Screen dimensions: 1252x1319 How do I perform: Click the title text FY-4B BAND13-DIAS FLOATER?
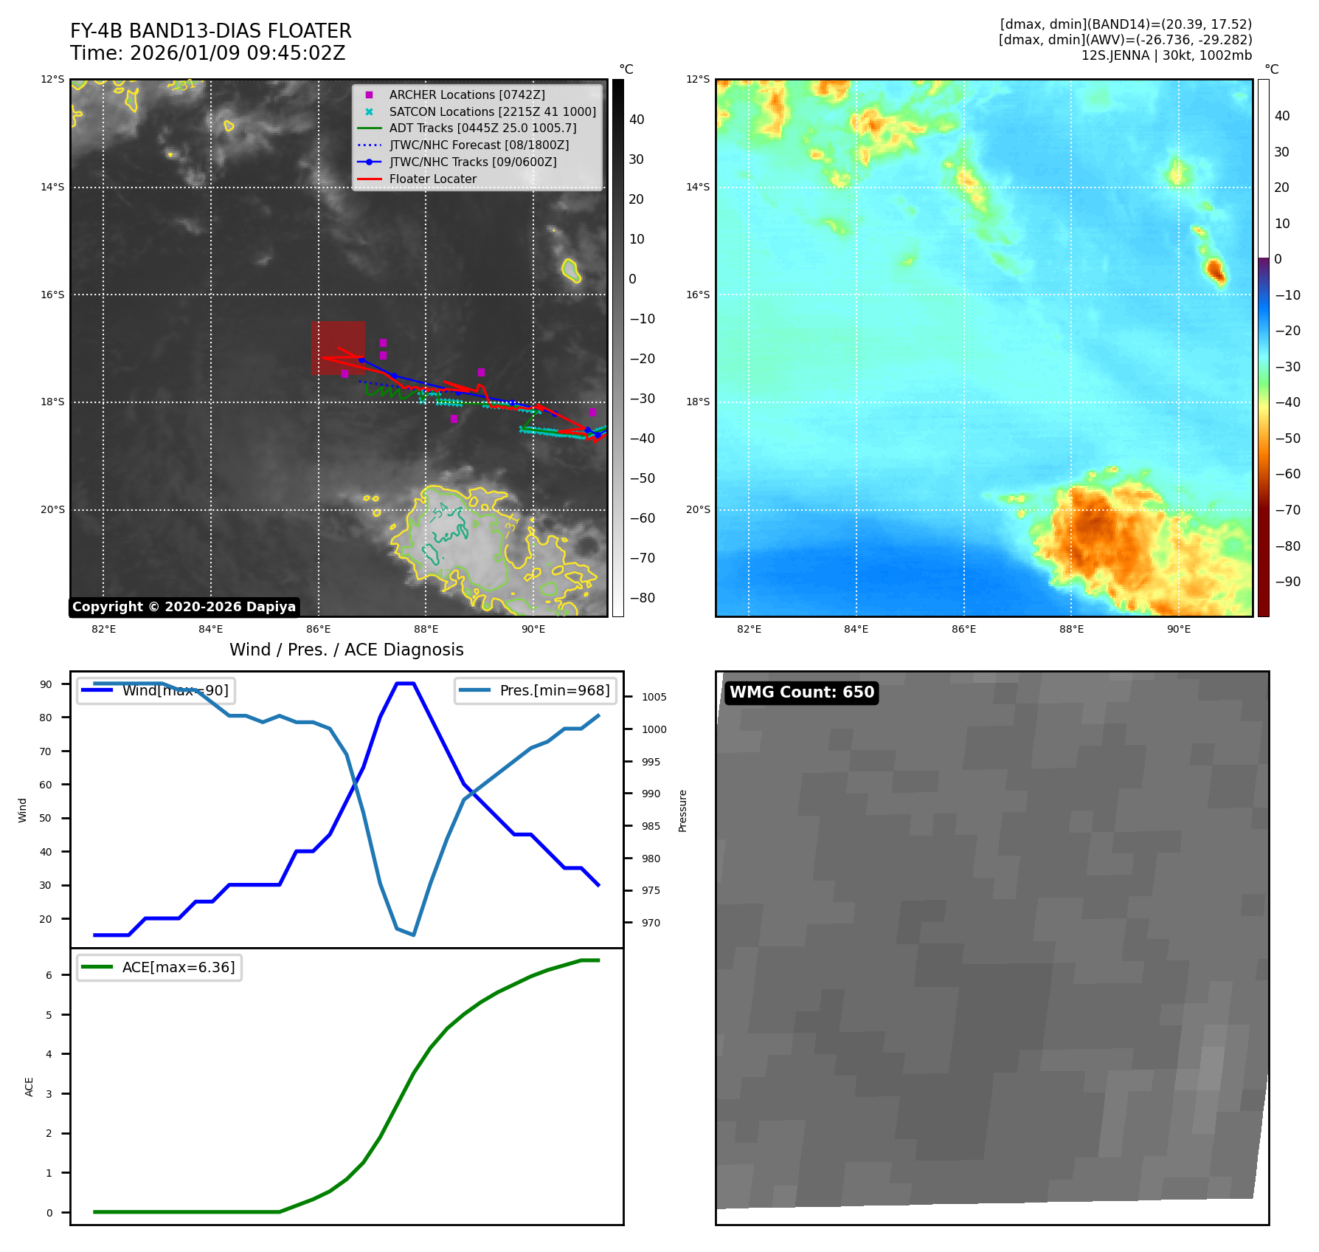[x=210, y=31]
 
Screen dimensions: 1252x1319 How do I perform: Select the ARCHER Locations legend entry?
[x=466, y=94]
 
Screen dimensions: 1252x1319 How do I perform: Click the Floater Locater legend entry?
[x=432, y=179]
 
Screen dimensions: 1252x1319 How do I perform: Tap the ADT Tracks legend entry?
[x=482, y=128]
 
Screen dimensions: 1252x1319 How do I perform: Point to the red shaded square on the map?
[x=338, y=348]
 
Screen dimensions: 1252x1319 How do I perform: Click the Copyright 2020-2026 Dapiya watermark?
[x=184, y=607]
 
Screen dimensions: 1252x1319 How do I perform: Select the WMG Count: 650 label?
[x=801, y=692]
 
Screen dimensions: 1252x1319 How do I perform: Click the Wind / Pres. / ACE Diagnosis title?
[x=346, y=650]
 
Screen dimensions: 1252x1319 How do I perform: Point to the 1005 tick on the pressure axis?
[x=654, y=697]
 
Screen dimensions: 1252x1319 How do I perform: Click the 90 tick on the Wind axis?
[x=46, y=684]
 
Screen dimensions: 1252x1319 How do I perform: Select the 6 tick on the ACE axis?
[x=49, y=975]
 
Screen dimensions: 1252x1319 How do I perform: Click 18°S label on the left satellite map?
[x=52, y=402]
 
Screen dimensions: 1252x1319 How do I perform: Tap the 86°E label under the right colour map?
[x=963, y=629]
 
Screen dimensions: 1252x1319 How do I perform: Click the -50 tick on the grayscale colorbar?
[x=642, y=478]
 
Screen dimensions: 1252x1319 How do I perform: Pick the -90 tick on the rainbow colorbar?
[x=1288, y=582]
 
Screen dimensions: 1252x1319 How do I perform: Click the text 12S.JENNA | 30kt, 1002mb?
[x=1166, y=55]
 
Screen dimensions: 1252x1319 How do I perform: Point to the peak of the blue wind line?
[x=405, y=684]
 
